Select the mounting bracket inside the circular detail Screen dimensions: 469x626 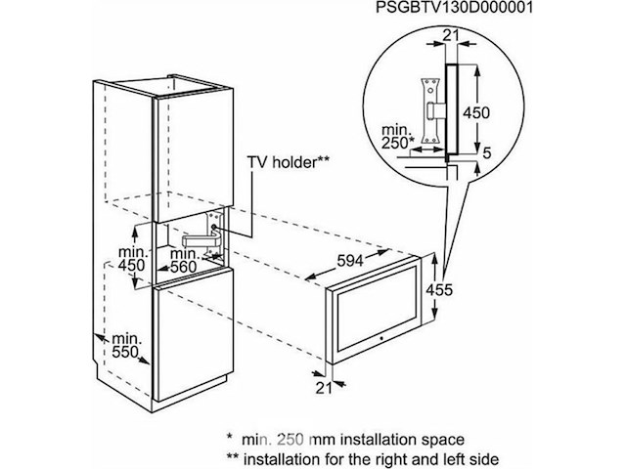point(427,100)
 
